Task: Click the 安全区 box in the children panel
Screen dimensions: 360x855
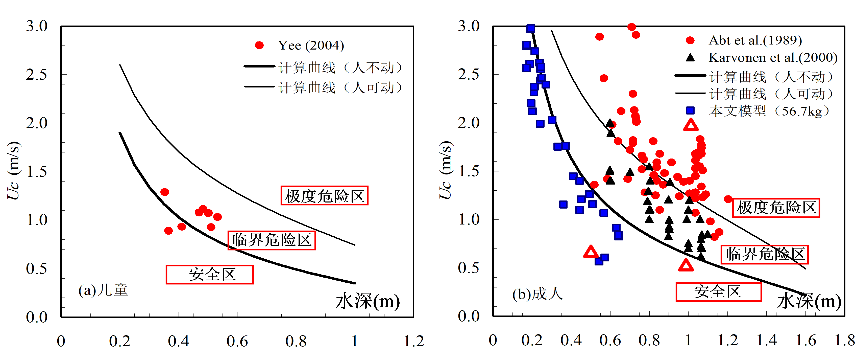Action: [x=209, y=274]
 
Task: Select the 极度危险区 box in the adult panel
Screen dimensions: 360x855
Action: [x=776, y=208]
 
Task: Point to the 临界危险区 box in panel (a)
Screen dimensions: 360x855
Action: [x=272, y=240]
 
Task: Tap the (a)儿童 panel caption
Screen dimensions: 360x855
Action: [x=103, y=290]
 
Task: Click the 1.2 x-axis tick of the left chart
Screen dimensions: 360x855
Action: [x=413, y=341]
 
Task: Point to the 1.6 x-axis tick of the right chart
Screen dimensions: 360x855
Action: [x=806, y=340]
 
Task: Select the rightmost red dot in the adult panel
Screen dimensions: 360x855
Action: [x=728, y=199]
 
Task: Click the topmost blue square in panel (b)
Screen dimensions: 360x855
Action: [x=531, y=29]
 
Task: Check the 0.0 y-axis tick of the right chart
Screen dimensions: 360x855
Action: [x=469, y=316]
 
